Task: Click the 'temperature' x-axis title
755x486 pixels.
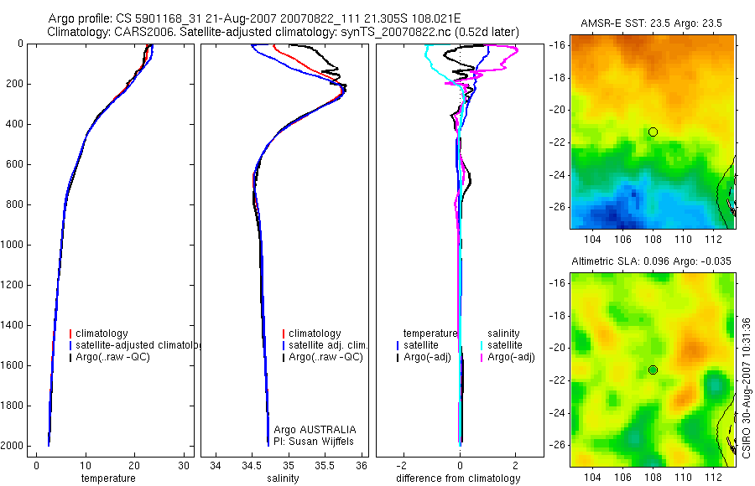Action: click(x=107, y=478)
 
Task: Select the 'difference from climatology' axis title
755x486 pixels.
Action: click(x=458, y=478)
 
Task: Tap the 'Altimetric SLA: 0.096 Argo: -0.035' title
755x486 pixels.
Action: click(x=651, y=261)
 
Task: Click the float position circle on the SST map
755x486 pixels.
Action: click(x=653, y=132)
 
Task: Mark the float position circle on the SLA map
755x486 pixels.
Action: click(x=653, y=370)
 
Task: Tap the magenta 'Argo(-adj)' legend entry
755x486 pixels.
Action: click(x=511, y=357)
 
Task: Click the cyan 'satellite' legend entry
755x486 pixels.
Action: click(x=506, y=345)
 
